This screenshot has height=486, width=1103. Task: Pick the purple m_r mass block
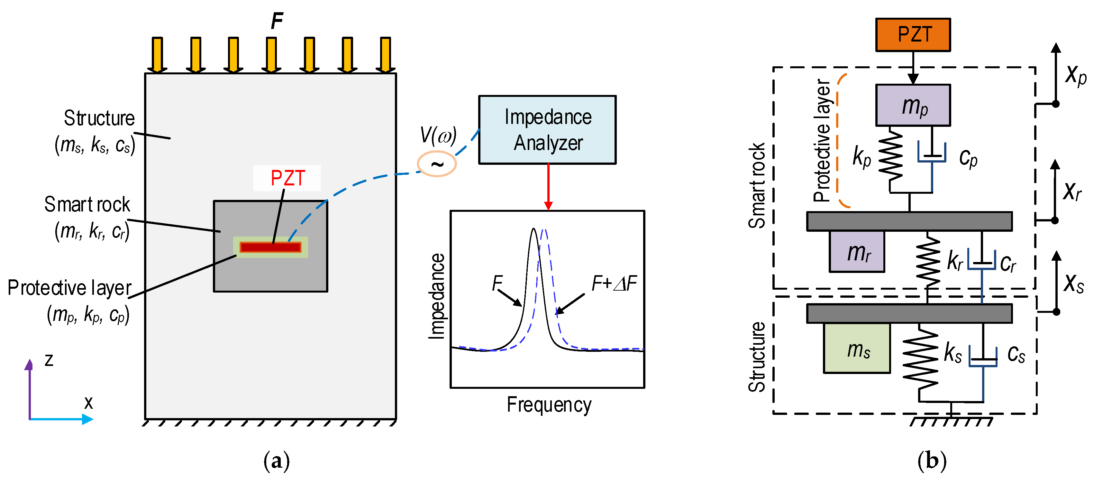pos(856,252)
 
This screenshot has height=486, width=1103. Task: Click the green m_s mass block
pos(856,348)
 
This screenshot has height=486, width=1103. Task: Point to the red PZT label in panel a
pos(287,178)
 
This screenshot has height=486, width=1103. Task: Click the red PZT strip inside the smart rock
pos(270,247)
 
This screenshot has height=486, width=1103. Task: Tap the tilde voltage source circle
pos(436,163)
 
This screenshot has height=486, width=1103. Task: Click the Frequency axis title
pos(549,405)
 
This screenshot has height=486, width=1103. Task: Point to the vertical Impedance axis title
pos(437,296)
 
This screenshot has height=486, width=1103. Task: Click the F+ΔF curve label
pos(614,283)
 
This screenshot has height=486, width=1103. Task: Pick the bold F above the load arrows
pos(277,20)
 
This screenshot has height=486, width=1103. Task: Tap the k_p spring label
pos(861,157)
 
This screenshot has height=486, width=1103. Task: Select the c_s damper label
pos(1016,354)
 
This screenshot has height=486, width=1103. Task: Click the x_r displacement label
pos(1072,191)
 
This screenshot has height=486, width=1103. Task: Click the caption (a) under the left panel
pos(276,461)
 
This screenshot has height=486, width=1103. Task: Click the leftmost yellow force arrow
pos(157,54)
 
